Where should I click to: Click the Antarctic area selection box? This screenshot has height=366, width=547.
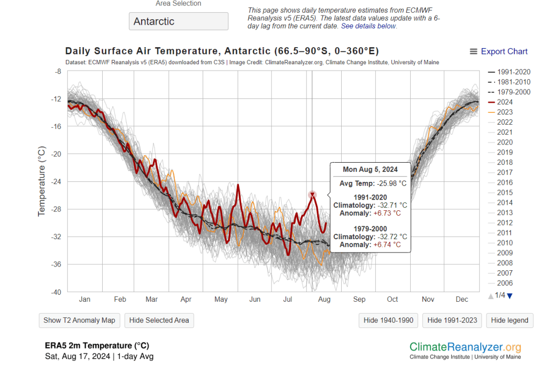tap(178, 21)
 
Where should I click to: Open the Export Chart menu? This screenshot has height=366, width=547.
tap(498, 51)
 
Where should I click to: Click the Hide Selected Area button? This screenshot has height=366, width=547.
tap(159, 320)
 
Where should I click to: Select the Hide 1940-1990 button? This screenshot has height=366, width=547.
tap(388, 320)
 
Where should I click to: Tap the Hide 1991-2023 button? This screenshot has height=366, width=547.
tap(452, 320)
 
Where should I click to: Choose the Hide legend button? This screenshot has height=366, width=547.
tap(510, 320)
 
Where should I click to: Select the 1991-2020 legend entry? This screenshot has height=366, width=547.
tap(511, 71)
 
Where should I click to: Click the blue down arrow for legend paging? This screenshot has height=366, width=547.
tap(510, 296)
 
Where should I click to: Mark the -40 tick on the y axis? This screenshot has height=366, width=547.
tap(56, 292)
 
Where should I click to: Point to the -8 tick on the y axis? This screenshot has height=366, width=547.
tap(58, 71)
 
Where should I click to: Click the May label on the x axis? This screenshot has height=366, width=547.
tap(221, 300)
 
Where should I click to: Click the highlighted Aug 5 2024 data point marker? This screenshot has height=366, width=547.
tap(312, 195)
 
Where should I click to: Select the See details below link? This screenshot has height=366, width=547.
tap(368, 26)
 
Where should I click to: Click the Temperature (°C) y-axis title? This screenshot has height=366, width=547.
tap(42, 181)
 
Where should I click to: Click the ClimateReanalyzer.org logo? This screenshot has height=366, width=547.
tap(465, 347)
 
